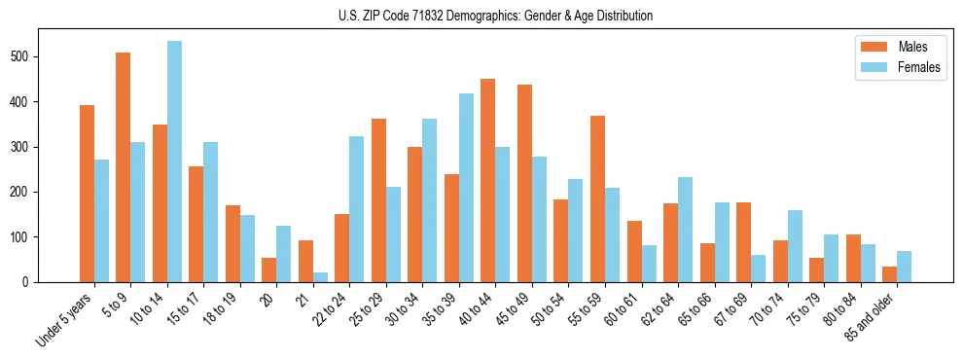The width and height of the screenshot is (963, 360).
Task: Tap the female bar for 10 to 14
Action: pos(174,162)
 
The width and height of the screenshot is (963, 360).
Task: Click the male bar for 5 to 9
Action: pos(124,167)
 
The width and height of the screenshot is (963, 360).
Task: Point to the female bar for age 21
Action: pos(320,277)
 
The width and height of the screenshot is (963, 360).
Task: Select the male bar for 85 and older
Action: pos(889,274)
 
